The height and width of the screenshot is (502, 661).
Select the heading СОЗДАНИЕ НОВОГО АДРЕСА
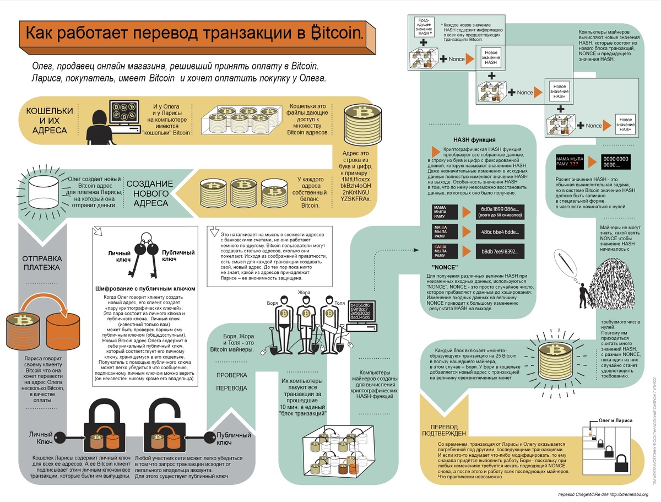pyautogui.click(x=150, y=193)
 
